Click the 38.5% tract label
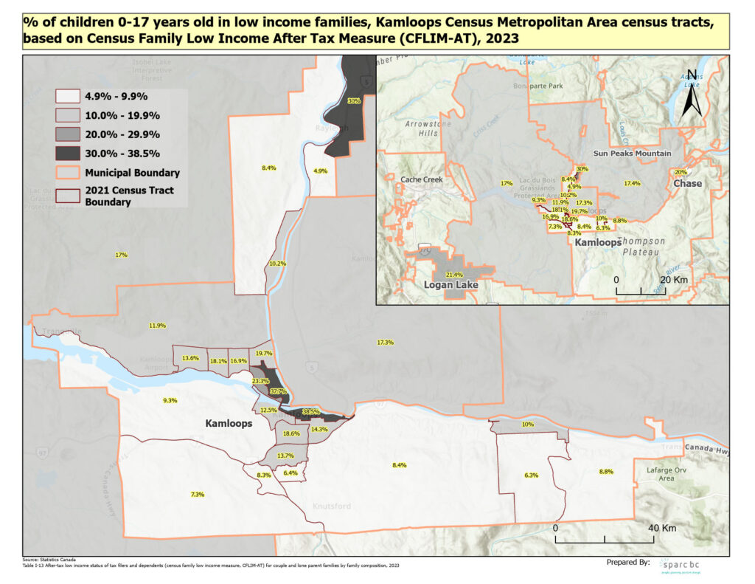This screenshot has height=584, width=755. [310, 411]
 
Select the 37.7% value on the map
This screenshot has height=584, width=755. [278, 391]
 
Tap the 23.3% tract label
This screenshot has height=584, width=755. [260, 380]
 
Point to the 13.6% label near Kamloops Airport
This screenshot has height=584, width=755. [190, 358]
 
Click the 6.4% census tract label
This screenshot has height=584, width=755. [290, 473]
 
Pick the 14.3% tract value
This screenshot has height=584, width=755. [319, 429]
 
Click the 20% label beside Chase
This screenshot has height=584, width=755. [681, 172]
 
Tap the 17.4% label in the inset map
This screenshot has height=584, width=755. [633, 183]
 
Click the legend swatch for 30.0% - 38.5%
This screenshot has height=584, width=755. [68, 154]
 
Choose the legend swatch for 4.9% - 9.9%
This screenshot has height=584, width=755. [68, 96]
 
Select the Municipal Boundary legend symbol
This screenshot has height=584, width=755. [68, 173]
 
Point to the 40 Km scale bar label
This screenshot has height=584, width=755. [663, 529]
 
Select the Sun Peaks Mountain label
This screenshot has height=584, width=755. [633, 153]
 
